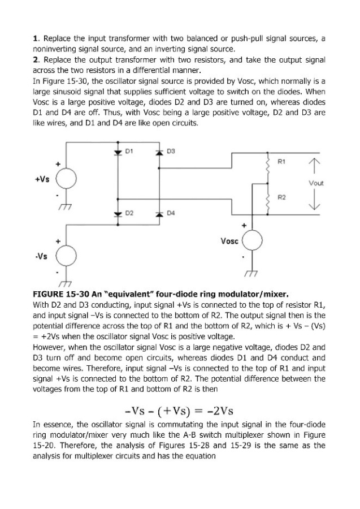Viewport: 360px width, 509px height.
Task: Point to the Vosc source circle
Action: click(x=251, y=242)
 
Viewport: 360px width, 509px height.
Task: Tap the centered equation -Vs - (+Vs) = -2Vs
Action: click(x=179, y=409)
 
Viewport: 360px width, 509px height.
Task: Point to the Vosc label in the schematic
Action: click(x=229, y=240)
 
